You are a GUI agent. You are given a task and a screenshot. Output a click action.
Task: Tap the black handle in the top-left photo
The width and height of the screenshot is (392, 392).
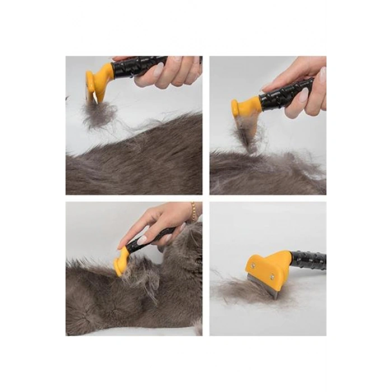(x=134, y=68)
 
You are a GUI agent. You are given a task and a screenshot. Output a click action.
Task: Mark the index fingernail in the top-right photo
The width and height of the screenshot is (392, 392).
(x=303, y=96)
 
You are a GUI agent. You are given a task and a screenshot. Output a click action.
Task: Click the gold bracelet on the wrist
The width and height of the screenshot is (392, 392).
(x=194, y=211)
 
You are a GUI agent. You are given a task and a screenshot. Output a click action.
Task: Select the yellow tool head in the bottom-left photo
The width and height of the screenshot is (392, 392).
(x=120, y=262)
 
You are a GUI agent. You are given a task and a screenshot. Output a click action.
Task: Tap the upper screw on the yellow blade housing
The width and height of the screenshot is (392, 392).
(x=253, y=265)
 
